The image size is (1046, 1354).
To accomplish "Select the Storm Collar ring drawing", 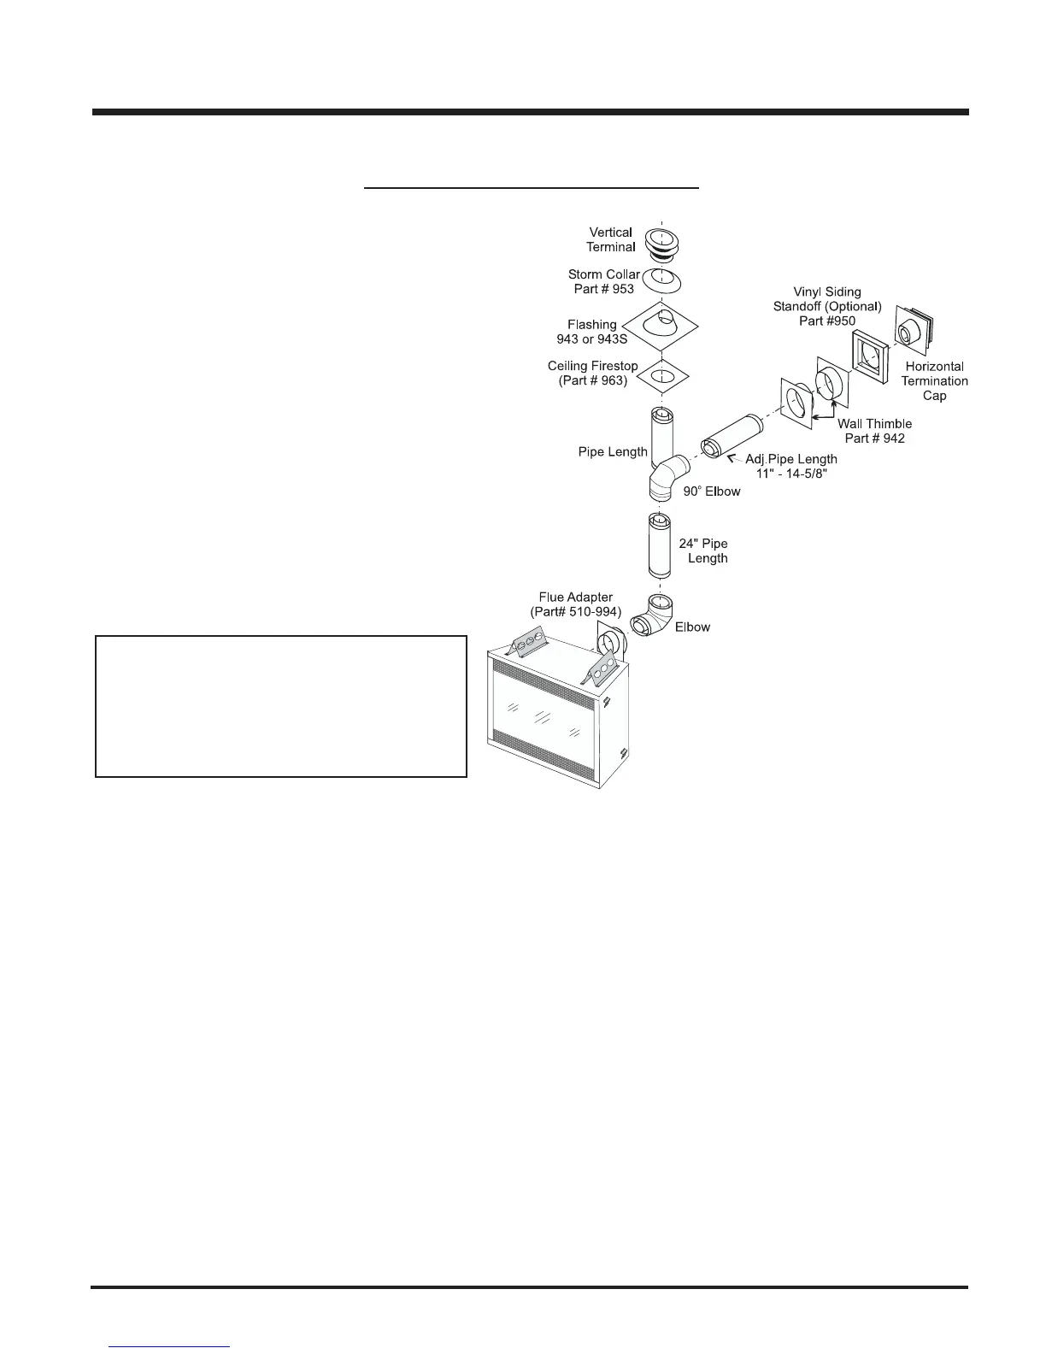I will [661, 280].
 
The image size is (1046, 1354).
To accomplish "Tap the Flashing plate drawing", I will [660, 327].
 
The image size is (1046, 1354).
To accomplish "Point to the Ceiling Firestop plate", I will [660, 376].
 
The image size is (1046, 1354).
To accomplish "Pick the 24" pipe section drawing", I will [661, 545].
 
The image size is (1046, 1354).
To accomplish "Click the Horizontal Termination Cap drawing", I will [913, 329].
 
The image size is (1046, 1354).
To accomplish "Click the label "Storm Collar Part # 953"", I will [604, 282].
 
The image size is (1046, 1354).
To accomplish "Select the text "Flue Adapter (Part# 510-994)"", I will [575, 604].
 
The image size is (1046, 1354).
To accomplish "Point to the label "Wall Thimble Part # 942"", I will [874, 431].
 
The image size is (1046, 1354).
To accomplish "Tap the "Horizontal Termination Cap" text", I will [934, 381].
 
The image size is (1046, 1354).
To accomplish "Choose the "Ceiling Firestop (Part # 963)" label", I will [592, 374].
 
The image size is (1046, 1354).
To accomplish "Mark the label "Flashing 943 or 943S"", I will [591, 332].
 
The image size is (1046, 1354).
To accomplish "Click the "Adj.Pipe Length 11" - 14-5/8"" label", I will [790, 467].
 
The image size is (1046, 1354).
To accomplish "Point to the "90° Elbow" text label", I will [711, 492].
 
